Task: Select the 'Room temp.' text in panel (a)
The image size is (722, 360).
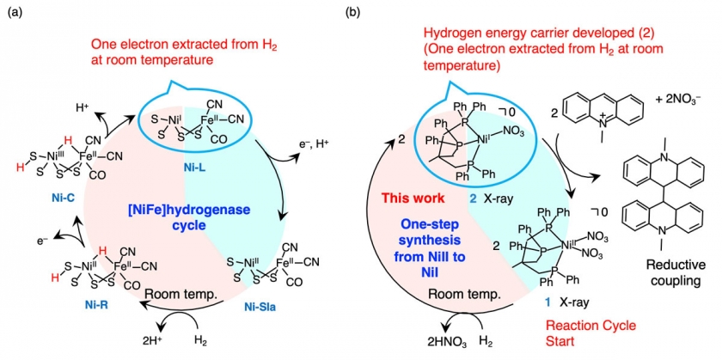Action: pos(170,293)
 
